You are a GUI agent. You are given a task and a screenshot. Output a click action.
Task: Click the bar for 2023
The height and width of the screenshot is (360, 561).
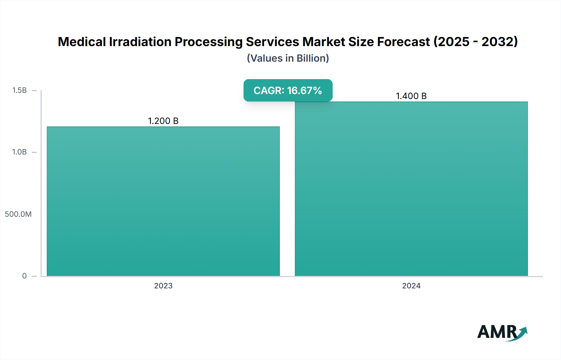(x=163, y=201)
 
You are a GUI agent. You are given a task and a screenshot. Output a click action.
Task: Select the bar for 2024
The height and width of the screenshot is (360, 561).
(x=411, y=189)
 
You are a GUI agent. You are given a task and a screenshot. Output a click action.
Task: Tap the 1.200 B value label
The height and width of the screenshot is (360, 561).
(x=163, y=121)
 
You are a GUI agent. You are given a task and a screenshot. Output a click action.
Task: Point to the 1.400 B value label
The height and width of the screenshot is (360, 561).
(x=411, y=96)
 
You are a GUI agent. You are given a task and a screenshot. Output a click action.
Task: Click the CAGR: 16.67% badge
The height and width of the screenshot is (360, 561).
(x=288, y=90)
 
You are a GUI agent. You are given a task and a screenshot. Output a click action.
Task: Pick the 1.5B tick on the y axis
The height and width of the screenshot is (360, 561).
(x=19, y=90)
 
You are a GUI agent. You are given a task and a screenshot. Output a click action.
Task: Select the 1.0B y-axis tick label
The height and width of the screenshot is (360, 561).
(x=19, y=152)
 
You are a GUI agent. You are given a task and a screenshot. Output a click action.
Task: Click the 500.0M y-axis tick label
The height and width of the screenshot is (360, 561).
(x=18, y=214)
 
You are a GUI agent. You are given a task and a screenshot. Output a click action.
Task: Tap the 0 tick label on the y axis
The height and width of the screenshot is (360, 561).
(x=24, y=276)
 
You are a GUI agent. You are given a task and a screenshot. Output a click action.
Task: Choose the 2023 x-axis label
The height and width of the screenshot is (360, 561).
(x=163, y=286)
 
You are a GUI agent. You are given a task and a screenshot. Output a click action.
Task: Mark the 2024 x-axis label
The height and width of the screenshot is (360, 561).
(x=411, y=286)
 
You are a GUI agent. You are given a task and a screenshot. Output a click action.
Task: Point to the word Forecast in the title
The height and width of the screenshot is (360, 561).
(x=403, y=42)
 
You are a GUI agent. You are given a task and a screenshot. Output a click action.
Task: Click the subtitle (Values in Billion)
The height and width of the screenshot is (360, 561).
(x=288, y=58)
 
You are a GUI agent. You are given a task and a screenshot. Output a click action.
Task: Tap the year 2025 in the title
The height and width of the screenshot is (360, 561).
(x=453, y=42)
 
